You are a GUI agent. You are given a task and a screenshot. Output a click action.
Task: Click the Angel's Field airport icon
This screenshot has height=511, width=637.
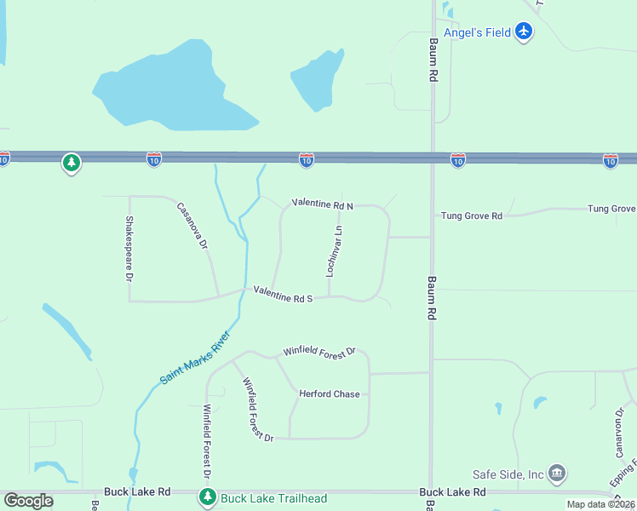(524, 32)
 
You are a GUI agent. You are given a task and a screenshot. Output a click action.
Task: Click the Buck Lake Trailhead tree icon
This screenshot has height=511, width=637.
(207, 496)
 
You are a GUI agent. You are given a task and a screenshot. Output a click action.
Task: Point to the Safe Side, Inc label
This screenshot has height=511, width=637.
(508, 474)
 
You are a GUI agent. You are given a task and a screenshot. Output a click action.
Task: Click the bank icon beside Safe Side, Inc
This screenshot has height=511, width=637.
(557, 473)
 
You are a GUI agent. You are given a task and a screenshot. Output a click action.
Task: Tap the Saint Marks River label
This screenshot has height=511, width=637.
(196, 356)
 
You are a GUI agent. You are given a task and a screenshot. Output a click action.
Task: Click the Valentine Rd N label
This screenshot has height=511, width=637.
(322, 204)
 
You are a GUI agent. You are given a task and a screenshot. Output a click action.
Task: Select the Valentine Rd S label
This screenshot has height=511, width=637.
(284, 295)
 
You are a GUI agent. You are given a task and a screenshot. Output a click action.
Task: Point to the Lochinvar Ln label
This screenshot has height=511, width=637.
(335, 251)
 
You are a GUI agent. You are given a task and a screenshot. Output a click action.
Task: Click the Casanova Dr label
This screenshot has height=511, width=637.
(193, 225)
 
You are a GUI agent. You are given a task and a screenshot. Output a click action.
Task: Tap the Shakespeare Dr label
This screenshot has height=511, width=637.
(130, 249)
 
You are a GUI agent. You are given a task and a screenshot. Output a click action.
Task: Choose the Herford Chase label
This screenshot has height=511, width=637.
(330, 394)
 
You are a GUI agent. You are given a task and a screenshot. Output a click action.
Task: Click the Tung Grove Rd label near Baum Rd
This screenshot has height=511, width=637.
(472, 216)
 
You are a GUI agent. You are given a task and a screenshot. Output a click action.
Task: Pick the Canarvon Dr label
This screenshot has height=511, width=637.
(619, 432)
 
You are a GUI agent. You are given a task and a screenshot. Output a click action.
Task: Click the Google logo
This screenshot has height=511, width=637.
(28, 501)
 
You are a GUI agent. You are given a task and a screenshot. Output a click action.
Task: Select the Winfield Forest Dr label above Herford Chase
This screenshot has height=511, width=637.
(318, 351)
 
